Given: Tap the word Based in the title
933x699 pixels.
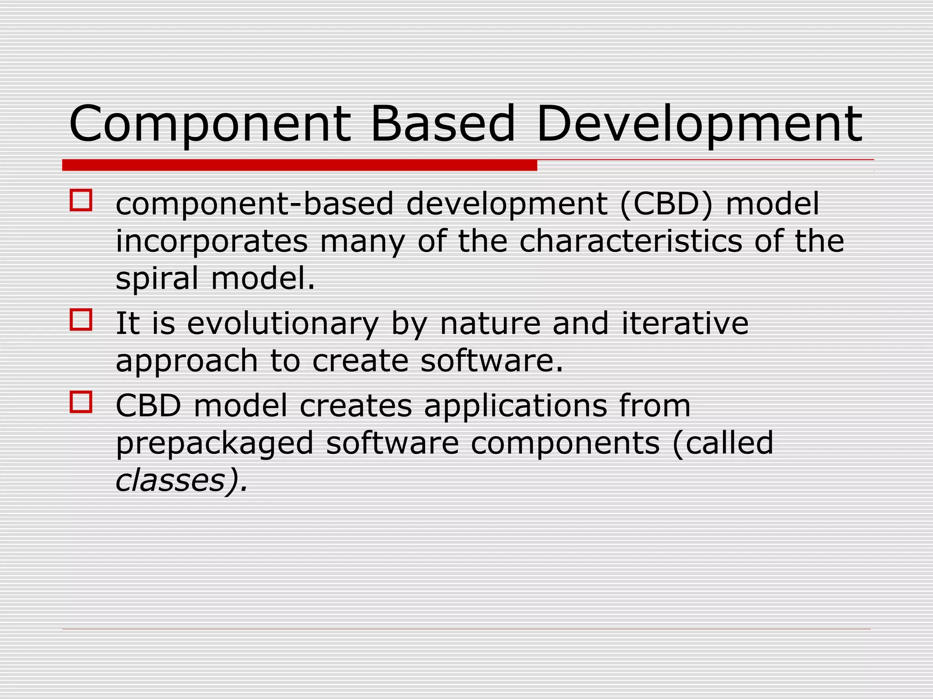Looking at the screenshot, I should click(442, 124).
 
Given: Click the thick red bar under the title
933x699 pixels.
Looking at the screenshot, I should click(299, 165).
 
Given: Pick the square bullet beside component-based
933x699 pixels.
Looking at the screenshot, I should click(81, 201).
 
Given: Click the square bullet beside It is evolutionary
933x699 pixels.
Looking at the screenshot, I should click(81, 320).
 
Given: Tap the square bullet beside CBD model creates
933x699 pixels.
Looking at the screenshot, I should click(81, 402).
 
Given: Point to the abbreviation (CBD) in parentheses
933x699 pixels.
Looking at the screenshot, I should click(666, 204).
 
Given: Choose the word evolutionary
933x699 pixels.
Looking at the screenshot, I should click(283, 324).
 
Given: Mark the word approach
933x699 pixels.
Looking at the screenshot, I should click(187, 361).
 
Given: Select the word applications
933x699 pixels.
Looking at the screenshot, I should click(516, 406).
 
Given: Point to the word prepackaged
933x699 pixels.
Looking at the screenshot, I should click(215, 444).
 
